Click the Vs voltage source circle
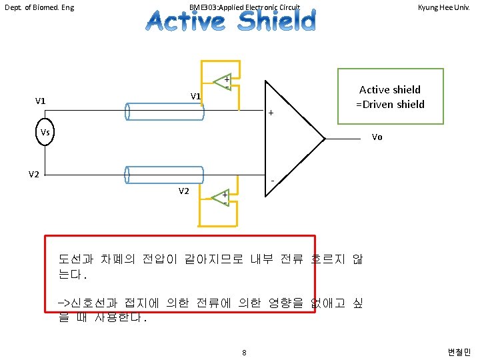(x=45, y=132)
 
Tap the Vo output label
(x=377, y=138)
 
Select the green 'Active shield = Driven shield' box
(x=390, y=96)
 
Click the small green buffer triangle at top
(x=223, y=82)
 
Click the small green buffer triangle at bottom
(x=221, y=197)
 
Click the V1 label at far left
(x=41, y=101)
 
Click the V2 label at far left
(x=34, y=174)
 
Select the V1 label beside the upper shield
(x=195, y=97)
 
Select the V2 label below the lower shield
(x=184, y=191)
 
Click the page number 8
(x=245, y=352)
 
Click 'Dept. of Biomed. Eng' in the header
(x=39, y=8)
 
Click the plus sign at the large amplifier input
(x=271, y=113)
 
